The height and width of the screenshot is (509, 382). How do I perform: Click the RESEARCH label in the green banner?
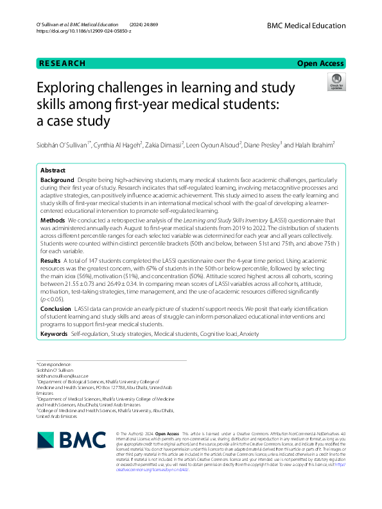[62, 63]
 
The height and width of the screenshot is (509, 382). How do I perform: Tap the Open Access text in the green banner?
[321, 63]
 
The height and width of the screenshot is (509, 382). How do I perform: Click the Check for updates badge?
[336, 81]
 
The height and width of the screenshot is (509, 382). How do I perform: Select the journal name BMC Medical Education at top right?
[307, 24]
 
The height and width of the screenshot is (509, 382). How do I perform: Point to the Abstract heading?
[53, 171]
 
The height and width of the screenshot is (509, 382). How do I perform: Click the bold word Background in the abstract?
[56, 182]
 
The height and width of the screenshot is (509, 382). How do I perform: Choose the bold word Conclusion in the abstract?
[56, 309]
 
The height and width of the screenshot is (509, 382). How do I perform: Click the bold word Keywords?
[54, 335]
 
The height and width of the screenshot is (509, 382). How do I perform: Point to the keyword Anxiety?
[250, 335]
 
